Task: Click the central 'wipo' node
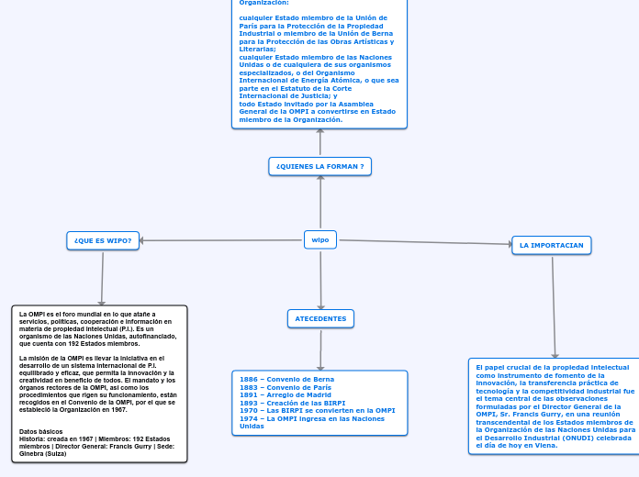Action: click(320, 239)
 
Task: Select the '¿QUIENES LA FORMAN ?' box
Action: click(320, 166)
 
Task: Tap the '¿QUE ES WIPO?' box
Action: click(103, 240)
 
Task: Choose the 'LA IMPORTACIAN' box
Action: click(551, 245)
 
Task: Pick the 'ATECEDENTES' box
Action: click(320, 318)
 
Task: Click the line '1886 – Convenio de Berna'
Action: click(286, 379)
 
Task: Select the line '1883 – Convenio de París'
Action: click(285, 387)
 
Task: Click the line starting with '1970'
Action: click(317, 410)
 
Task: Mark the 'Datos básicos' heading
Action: click(41, 431)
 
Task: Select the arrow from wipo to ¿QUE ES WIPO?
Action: click(220, 240)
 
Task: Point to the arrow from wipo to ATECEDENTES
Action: click(320, 279)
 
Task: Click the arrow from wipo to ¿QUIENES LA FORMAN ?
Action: click(320, 202)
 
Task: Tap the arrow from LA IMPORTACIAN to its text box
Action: click(554, 306)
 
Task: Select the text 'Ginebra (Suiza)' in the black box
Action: click(43, 454)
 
